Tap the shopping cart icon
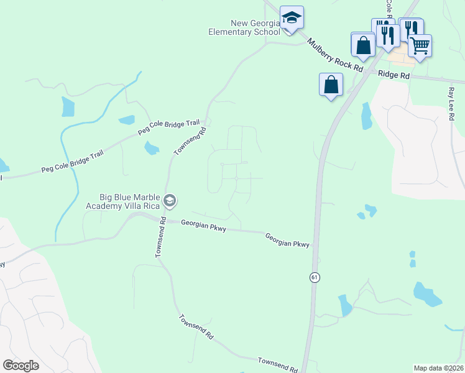click(x=420, y=45)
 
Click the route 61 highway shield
click(x=315, y=278)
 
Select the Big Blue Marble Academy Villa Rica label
click(x=122, y=201)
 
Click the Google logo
click(x=21, y=366)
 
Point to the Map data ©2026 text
click(x=438, y=368)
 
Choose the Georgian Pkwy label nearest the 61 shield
click(x=287, y=241)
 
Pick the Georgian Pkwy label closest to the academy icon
click(x=203, y=226)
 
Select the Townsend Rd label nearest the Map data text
click(x=277, y=365)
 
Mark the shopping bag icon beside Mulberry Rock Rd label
click(x=363, y=45)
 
